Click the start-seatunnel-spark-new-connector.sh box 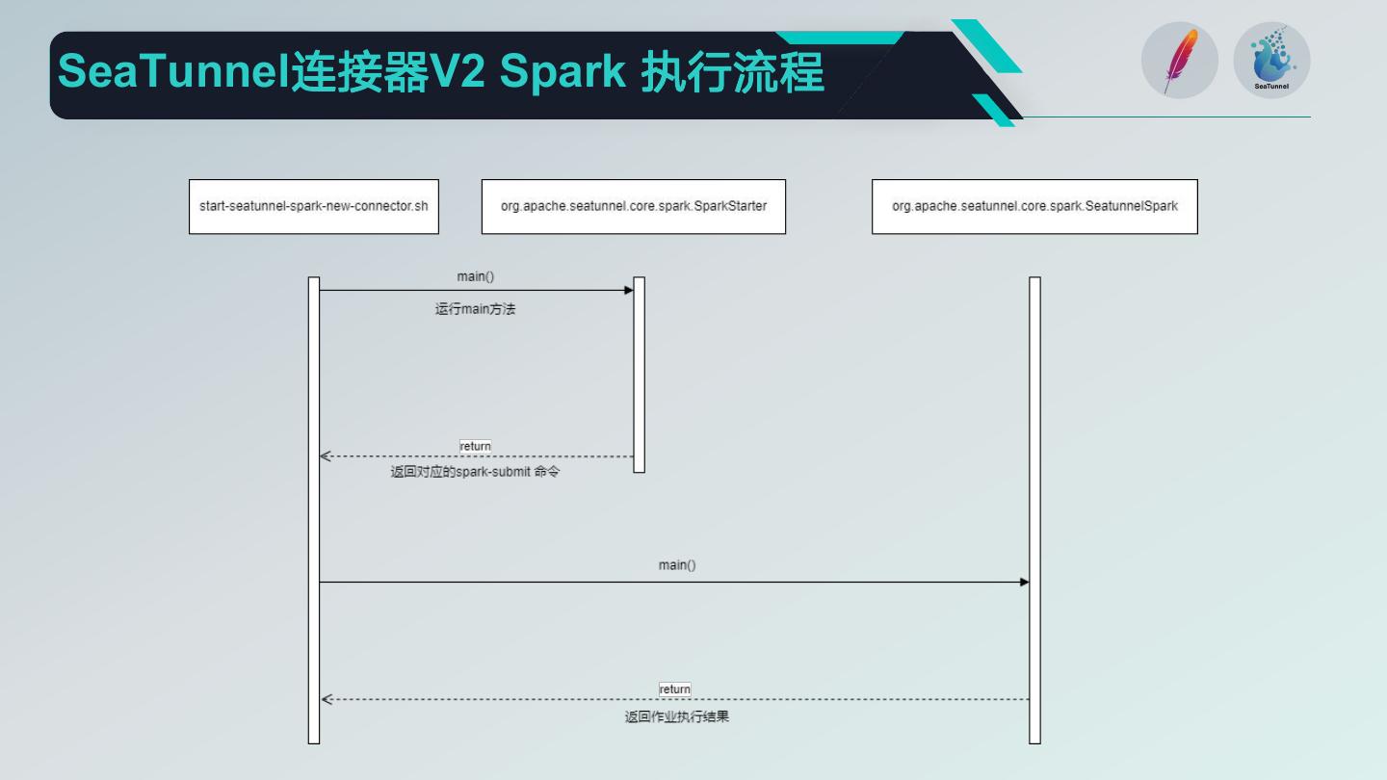pyautogui.click(x=313, y=206)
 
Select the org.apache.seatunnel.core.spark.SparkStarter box pyautogui.click(x=633, y=206)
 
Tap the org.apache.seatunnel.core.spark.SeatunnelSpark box pyautogui.click(x=1034, y=206)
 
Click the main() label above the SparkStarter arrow pyautogui.click(x=475, y=276)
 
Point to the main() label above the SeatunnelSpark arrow pyautogui.click(x=676, y=565)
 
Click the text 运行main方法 pyautogui.click(x=475, y=309)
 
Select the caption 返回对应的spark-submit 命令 pyautogui.click(x=474, y=474)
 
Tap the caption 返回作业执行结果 pyautogui.click(x=676, y=716)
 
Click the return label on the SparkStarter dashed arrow pyautogui.click(x=475, y=446)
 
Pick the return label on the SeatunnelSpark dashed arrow pyautogui.click(x=674, y=689)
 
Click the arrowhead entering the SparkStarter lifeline pyautogui.click(x=629, y=290)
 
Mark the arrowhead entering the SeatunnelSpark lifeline pyautogui.click(x=1025, y=582)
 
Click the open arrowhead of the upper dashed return pyautogui.click(x=326, y=456)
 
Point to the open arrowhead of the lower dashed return pyautogui.click(x=326, y=700)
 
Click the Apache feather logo pyautogui.click(x=1179, y=60)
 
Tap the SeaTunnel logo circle pyautogui.click(x=1271, y=60)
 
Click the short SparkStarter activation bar pyautogui.click(x=639, y=375)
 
